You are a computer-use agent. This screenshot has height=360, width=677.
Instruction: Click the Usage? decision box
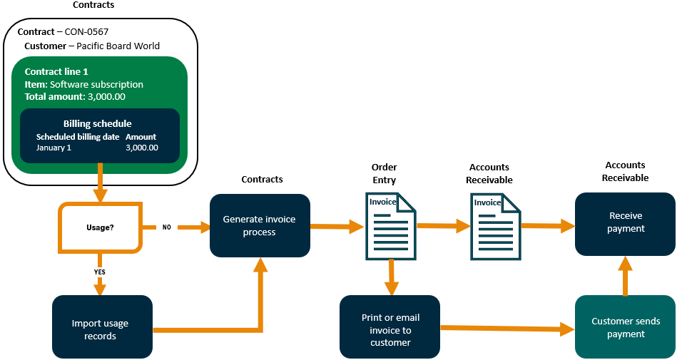tap(100, 227)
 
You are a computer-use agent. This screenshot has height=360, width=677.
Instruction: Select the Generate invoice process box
tap(259, 225)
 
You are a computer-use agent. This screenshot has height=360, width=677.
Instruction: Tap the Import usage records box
tap(101, 329)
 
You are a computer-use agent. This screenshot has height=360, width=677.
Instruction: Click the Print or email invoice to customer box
tap(390, 329)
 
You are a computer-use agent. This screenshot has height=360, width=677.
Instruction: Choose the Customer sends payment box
tap(625, 327)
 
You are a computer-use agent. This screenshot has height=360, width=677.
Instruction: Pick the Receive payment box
tap(625, 222)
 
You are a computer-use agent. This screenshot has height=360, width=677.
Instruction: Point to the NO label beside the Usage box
tap(166, 227)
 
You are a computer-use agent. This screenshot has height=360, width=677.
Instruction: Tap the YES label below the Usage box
tap(100, 272)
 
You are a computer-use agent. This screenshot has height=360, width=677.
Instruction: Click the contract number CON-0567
tap(86, 32)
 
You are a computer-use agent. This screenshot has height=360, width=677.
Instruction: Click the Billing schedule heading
tap(97, 123)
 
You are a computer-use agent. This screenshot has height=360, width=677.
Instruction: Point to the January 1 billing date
tap(54, 148)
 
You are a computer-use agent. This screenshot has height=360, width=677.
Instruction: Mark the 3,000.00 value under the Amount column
tap(141, 148)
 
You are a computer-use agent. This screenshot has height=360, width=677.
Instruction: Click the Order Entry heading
tap(384, 174)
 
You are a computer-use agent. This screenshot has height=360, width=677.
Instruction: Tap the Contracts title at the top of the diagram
tap(93, 5)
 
